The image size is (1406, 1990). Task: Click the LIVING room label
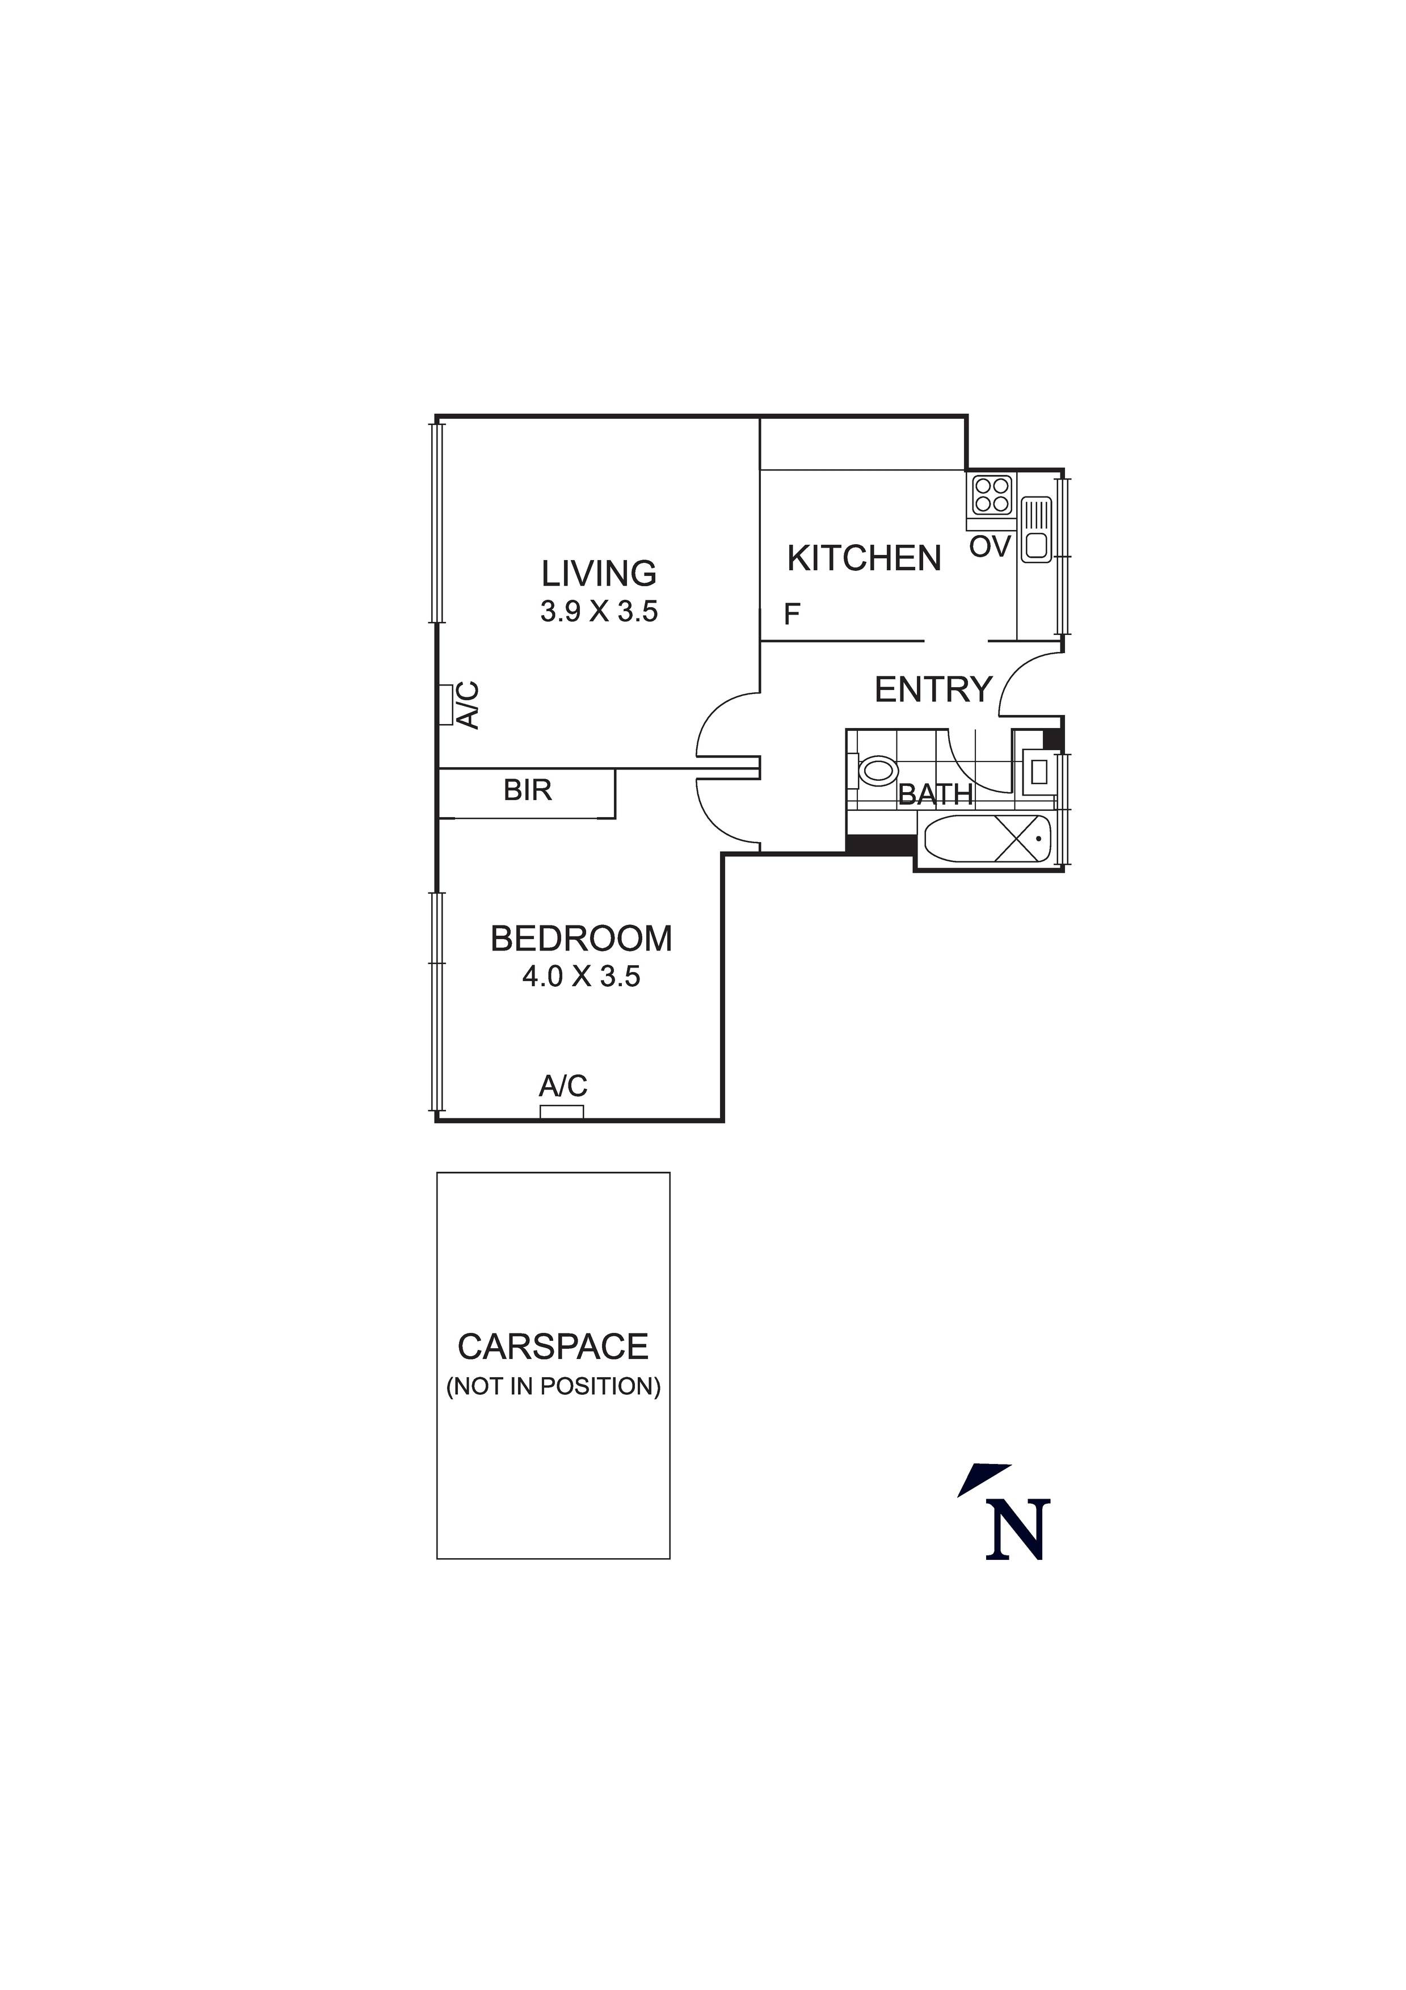click(x=599, y=574)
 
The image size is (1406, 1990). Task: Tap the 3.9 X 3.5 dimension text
click(x=599, y=612)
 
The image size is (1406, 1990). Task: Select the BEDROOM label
click(x=581, y=939)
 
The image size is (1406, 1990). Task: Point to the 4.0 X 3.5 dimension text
click(x=581, y=977)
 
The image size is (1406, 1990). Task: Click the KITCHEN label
click(x=864, y=558)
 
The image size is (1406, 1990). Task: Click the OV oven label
click(x=990, y=547)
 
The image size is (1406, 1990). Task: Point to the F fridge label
click(x=792, y=615)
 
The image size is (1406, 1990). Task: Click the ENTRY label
click(x=933, y=690)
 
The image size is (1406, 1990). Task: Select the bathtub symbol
click(x=987, y=838)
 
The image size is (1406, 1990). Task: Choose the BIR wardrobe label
click(x=527, y=790)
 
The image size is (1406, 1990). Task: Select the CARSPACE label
click(x=553, y=1347)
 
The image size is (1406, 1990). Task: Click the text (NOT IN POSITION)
click(x=553, y=1387)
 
